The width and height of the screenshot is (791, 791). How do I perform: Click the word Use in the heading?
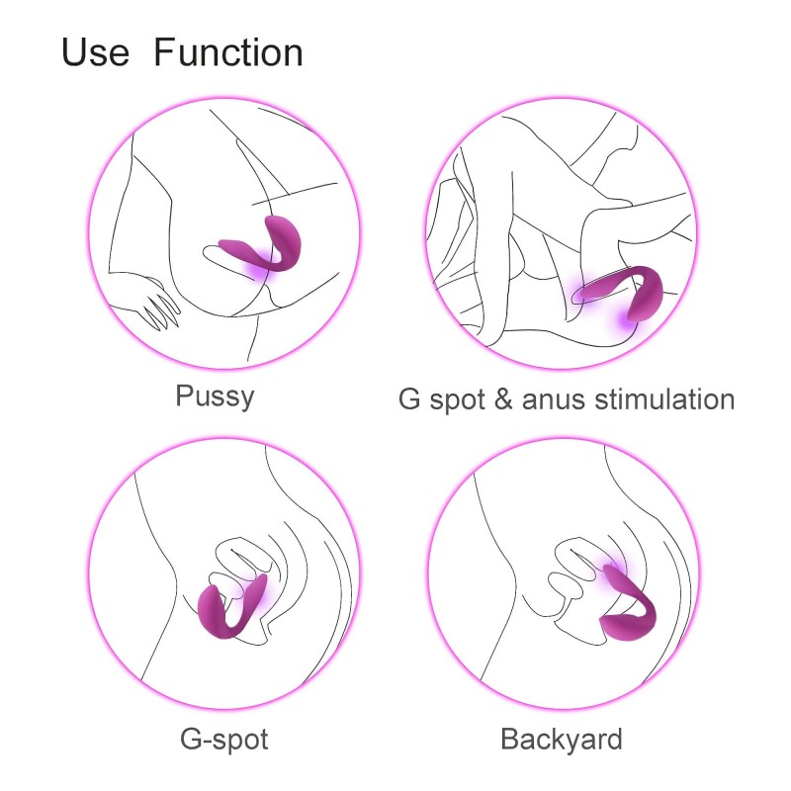tap(95, 52)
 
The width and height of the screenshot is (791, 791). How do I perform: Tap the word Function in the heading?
tap(228, 52)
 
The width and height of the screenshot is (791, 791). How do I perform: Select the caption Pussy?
tap(215, 396)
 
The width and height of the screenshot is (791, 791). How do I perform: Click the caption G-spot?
tap(224, 740)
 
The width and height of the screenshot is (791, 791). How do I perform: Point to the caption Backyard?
tap(562, 740)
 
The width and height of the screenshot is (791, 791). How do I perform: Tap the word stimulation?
tap(664, 399)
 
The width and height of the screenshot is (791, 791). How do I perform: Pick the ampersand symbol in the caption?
tap(503, 399)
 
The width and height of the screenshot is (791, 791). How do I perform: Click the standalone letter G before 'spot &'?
tap(409, 399)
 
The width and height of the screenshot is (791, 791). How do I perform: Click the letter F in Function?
tap(165, 52)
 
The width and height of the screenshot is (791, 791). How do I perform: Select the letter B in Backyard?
tap(510, 739)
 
